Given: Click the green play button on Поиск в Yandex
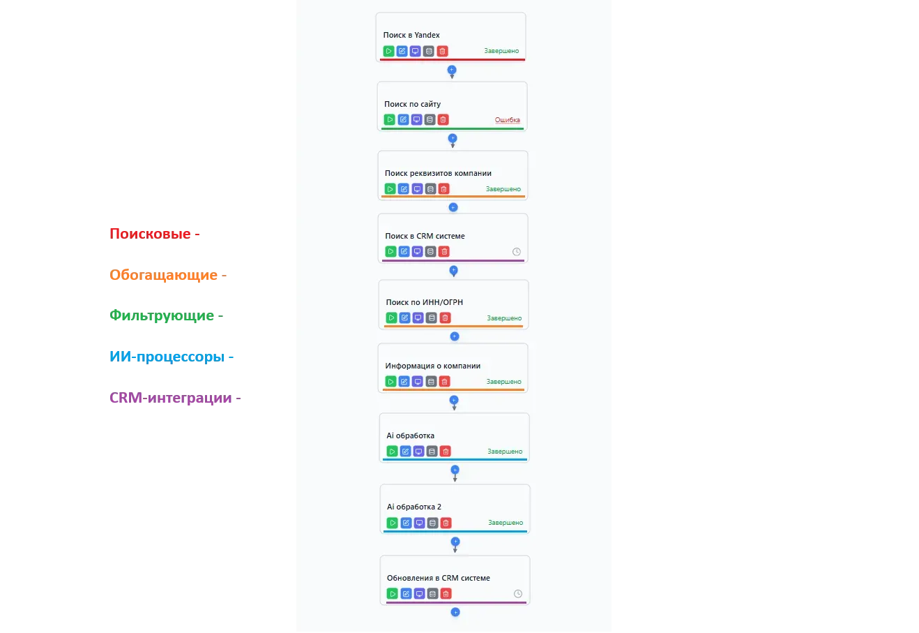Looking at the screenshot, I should pos(388,51).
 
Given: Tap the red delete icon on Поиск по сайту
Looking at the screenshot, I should pos(443,120).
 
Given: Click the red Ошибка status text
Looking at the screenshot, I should pos(507,120).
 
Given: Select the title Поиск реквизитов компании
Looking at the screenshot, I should pos(438,173).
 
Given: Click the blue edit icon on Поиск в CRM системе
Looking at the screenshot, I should pos(404,252).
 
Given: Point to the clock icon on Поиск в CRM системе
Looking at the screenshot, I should pos(517,252).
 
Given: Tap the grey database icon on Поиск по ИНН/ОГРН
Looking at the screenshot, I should pos(432,318).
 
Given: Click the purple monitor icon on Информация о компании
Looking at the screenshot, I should pos(418,382).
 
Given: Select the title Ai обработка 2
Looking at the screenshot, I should pos(414,507).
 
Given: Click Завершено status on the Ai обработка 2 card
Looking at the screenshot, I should pos(506,523).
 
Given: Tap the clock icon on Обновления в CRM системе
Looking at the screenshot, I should pos(518,594).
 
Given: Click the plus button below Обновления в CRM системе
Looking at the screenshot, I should pos(455,612).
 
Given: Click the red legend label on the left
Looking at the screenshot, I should pos(153,233).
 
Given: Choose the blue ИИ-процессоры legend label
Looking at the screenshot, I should pos(170,357).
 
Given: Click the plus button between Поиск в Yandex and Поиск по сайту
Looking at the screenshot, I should pos(452,70).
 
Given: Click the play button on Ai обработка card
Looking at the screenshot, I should pos(392,452).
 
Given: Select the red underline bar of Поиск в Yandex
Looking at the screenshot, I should pos(452,59).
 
